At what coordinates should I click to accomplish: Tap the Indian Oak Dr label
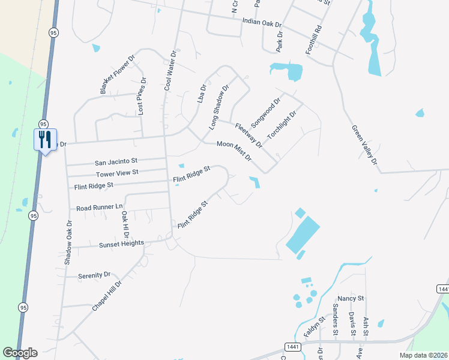click(x=261, y=22)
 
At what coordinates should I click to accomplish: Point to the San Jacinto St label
click(x=116, y=161)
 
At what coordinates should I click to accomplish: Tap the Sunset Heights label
click(x=120, y=243)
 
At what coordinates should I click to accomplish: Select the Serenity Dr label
click(x=94, y=275)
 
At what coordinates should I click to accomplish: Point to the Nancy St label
click(x=351, y=298)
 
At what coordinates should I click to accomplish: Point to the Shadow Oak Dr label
click(x=68, y=242)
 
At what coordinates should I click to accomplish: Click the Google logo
click(x=20, y=353)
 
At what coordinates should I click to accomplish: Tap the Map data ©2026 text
click(x=423, y=355)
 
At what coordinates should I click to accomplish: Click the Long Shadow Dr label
click(x=219, y=107)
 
